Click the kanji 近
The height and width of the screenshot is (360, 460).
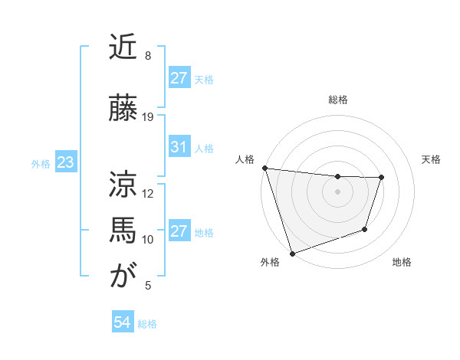click(123, 47)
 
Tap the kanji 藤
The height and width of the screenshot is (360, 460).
click(123, 109)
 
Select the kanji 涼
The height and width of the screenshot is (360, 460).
click(123, 184)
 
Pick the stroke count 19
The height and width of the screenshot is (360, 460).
click(149, 117)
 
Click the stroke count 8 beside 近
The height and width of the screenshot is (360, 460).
click(147, 56)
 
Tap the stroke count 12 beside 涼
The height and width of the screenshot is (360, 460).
click(149, 193)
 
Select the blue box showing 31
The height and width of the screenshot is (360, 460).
click(179, 147)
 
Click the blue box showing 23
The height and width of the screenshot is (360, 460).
click(65, 163)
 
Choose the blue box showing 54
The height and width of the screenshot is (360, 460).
click(122, 322)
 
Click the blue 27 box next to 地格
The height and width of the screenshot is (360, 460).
click(179, 231)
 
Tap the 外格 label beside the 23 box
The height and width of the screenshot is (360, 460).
click(41, 164)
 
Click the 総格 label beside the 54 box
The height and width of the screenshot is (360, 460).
click(147, 324)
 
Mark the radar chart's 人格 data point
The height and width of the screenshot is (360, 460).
click(264, 168)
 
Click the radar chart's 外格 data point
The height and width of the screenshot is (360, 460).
click(292, 253)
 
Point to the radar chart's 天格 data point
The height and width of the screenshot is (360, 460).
click(381, 178)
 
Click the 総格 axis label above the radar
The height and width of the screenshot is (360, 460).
click(338, 100)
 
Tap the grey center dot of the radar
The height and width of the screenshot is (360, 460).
click(337, 191)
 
